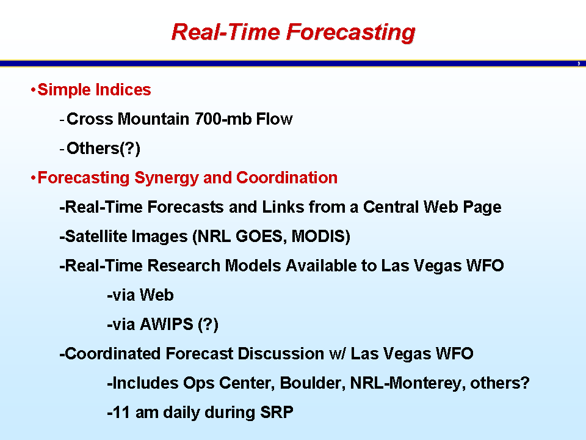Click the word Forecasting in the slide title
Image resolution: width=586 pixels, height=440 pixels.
pos(350,33)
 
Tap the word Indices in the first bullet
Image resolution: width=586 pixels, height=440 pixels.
pos(123,90)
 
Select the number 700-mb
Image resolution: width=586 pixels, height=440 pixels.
pos(223,119)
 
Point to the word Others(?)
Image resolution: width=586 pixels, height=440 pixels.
pos(104,148)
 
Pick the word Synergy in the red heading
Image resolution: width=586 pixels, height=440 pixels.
pos(166,178)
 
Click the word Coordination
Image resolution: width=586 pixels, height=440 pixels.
pos(287,178)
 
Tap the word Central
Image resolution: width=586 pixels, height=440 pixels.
pos(391,207)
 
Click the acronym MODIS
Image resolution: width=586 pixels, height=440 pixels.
pos(320,237)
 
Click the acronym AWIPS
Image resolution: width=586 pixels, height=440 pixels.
pos(166,324)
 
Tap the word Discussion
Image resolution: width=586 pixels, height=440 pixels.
pos(281,354)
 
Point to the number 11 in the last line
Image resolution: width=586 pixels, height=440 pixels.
pos(121,413)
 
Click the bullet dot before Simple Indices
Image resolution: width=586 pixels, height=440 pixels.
pos(33,90)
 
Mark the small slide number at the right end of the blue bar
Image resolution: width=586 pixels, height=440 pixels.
pos(579,64)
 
